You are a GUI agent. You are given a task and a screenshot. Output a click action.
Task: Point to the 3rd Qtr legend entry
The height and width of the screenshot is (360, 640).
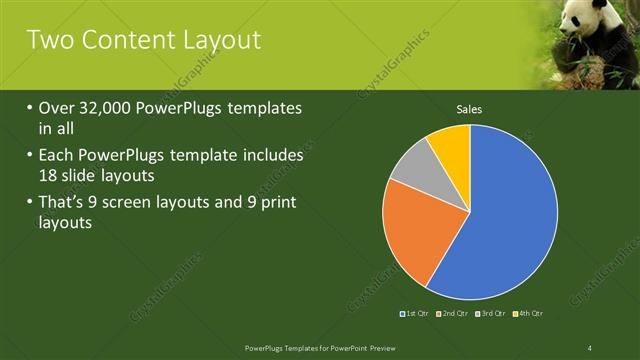coord(492,314)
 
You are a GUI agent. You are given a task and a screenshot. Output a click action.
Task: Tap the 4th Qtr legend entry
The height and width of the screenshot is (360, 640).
coord(530,314)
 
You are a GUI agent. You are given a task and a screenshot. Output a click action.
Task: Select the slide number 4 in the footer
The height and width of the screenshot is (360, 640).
coord(590,346)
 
